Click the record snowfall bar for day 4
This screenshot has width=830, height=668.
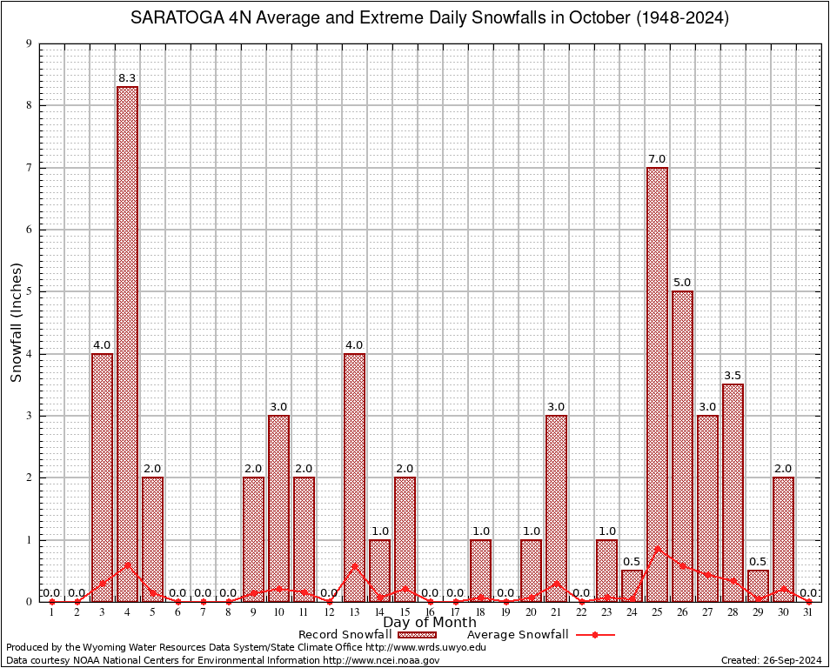click(x=127, y=344)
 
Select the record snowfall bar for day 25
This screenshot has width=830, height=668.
click(x=657, y=383)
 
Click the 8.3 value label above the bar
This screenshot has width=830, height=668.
click(x=127, y=78)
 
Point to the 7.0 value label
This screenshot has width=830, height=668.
click(x=657, y=158)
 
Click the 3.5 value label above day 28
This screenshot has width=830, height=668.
click(x=733, y=376)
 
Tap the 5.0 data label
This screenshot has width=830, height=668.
click(x=682, y=283)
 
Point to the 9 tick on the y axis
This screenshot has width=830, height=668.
click(x=29, y=43)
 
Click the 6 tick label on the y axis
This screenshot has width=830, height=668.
click(x=29, y=230)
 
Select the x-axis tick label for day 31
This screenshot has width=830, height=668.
click(x=808, y=612)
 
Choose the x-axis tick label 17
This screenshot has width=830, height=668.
click(x=455, y=612)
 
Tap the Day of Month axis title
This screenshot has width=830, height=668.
click(x=429, y=623)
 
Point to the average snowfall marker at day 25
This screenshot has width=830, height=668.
click(x=657, y=549)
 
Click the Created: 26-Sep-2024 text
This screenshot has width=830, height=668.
click(x=771, y=661)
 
